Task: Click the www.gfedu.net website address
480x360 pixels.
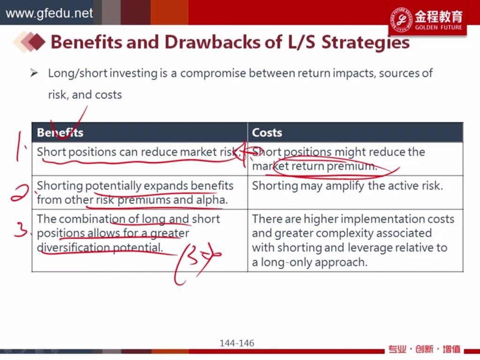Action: [x=49, y=14]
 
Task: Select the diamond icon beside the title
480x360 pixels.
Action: [x=30, y=42]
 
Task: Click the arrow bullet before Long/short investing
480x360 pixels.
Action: [x=34, y=73]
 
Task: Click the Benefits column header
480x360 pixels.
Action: [x=60, y=133]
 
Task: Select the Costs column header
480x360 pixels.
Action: [x=267, y=133]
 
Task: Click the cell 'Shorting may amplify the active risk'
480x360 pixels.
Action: [x=347, y=186]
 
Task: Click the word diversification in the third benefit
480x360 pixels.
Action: [x=73, y=247]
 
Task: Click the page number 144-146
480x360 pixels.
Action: [x=237, y=343]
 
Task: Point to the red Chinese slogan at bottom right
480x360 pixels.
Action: [x=424, y=349]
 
